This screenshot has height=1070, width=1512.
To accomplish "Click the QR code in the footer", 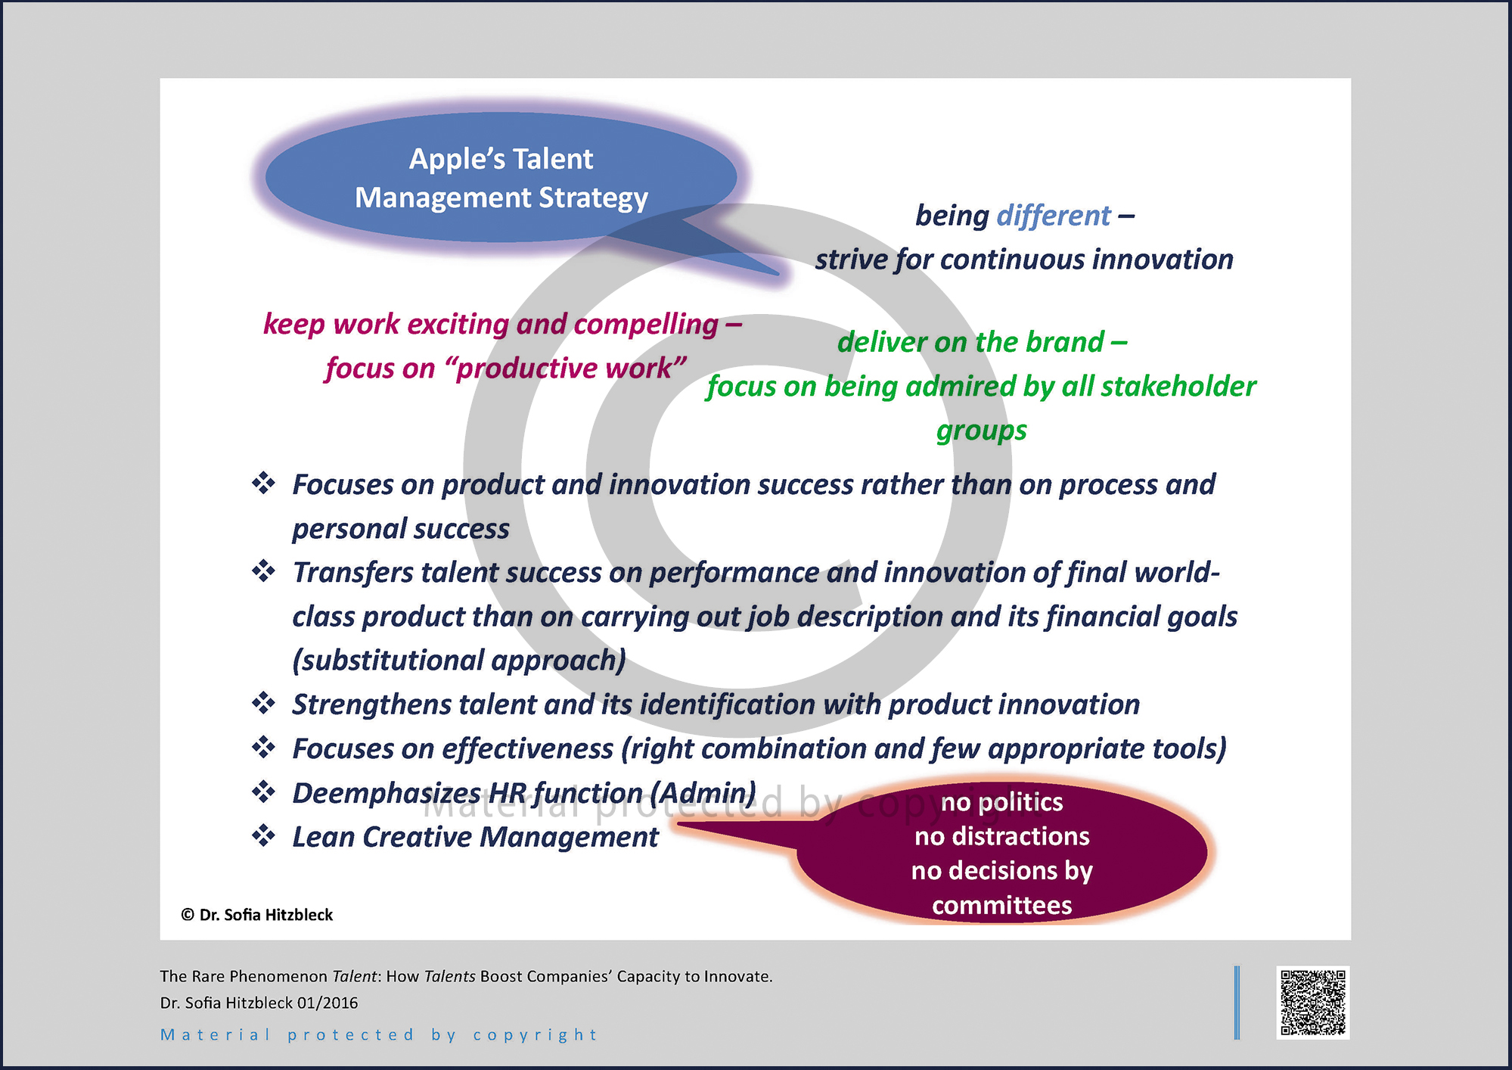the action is point(1313,1003).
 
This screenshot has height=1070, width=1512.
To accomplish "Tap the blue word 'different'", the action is point(1054,216).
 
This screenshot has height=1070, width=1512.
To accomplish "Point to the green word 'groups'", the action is point(981,431).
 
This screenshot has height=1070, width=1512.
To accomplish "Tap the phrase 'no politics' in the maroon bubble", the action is point(1001,802).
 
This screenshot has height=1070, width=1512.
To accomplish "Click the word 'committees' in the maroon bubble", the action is point(1001,905).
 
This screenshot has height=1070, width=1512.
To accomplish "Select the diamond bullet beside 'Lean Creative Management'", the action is point(263,836).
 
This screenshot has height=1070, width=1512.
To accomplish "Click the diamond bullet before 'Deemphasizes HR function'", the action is point(263,792).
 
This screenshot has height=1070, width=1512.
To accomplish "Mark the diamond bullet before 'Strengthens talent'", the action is point(263,704).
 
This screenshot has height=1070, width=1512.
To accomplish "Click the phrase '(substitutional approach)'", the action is point(459,661).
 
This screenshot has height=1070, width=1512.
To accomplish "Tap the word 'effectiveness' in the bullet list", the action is point(527,749).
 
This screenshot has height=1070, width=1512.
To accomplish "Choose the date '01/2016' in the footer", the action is point(328,1003).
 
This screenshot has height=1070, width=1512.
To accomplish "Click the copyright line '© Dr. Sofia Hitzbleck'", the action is point(257,915).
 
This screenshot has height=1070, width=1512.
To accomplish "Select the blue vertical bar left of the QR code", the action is point(1237,1003).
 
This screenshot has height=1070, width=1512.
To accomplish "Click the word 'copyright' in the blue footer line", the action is point(535,1035).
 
